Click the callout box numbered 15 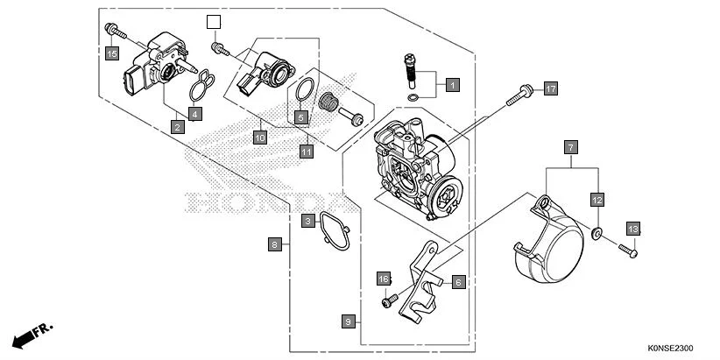point(112,54)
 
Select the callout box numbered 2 point(178,127)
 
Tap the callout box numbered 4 point(195,113)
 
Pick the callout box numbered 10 point(259,138)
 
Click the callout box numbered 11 point(307,152)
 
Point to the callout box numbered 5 point(300,117)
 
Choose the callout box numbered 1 point(452,85)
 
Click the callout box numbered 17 point(550,89)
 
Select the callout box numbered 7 point(569,146)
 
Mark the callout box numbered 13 point(633,229)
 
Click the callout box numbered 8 point(276,244)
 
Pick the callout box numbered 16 point(383,279)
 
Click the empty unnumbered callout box point(214,21)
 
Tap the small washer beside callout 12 point(596,233)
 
